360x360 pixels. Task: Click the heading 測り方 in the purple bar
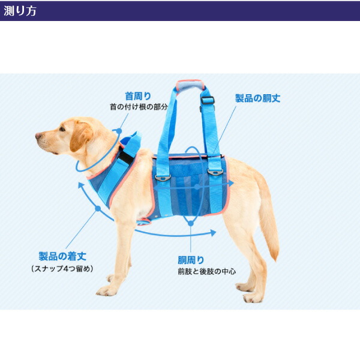coord(20,11)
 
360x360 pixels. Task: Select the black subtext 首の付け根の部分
coord(138,107)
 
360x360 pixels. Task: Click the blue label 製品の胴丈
coord(257,98)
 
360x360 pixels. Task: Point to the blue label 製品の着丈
coord(62,256)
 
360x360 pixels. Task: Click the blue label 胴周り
coord(191,260)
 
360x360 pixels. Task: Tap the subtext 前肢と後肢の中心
coord(206,271)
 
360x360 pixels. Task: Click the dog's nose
coord(38,136)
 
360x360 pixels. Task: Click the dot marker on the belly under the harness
coord(190,223)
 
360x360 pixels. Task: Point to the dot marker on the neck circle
coord(119,130)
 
